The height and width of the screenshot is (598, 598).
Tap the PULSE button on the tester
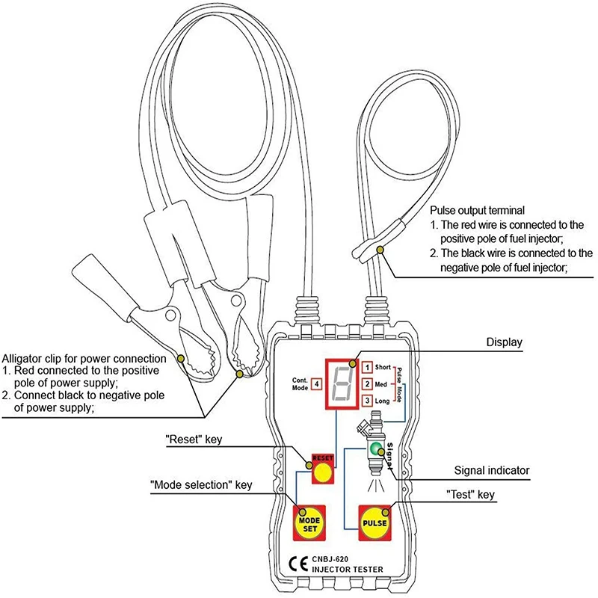(375, 520)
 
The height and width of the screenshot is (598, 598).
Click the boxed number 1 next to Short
(367, 367)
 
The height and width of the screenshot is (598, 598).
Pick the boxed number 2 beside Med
(367, 384)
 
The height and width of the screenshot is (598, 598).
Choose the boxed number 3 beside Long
(367, 401)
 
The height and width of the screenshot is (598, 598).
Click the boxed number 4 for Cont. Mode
(317, 383)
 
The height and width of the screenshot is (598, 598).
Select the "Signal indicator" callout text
(492, 471)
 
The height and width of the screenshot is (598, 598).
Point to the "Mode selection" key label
(201, 485)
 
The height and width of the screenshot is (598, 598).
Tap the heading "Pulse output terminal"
(478, 210)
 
